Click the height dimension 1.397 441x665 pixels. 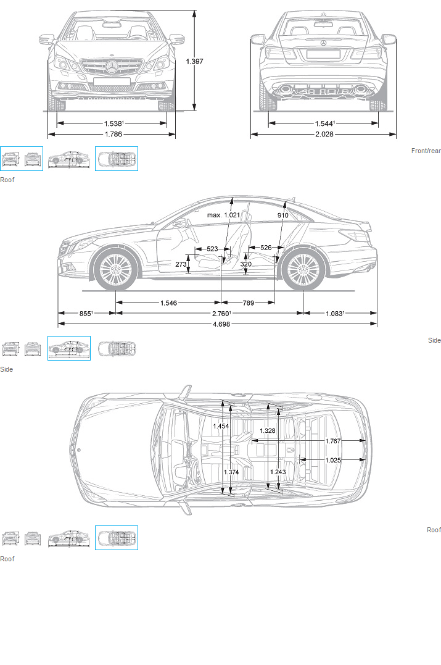(x=194, y=62)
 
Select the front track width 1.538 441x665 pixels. (x=113, y=123)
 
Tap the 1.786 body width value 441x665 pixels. (x=113, y=135)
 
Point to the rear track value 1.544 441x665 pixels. (x=324, y=123)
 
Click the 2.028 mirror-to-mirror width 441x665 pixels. (x=324, y=135)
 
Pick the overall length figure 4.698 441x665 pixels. (x=221, y=324)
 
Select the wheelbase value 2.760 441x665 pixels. (x=221, y=314)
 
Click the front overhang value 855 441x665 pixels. (x=86, y=314)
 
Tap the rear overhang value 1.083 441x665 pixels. (x=334, y=314)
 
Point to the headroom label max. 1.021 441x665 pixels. (x=223, y=215)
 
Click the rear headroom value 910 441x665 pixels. (x=282, y=215)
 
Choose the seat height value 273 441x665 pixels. (x=181, y=264)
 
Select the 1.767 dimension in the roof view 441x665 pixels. (x=333, y=441)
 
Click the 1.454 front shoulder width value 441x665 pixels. (x=221, y=426)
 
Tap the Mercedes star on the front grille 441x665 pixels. (x=112, y=68)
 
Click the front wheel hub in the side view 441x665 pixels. (x=115, y=270)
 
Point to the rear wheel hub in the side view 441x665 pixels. (x=303, y=270)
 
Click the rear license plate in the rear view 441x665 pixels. (x=323, y=54)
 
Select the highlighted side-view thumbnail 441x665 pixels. (x=69, y=348)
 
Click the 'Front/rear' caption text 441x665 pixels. (x=426, y=151)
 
